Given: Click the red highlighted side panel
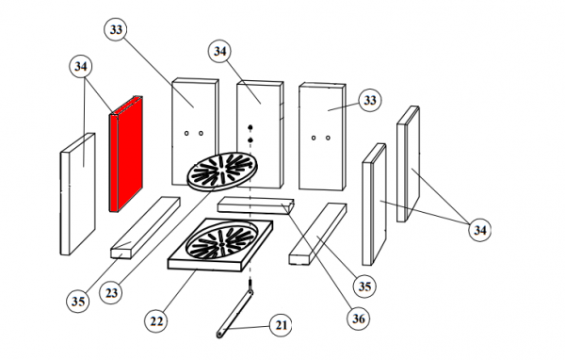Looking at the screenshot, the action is point(126,154).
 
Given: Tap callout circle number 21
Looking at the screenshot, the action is point(281,325).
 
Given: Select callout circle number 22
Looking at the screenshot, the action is point(156,321).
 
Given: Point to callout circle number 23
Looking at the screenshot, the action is point(111,292).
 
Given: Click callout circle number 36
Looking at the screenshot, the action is point(359,319).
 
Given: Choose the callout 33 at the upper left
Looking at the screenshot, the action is point(116,29).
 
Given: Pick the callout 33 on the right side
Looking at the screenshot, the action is point(370,100).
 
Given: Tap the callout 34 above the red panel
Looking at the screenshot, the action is point(81,66).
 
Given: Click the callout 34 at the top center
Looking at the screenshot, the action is point(219,51).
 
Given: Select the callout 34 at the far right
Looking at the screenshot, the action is point(480,230).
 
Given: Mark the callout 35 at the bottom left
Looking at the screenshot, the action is point(78,301).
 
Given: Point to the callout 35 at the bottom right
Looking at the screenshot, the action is point(364,286).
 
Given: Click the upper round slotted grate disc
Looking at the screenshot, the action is point(222,172).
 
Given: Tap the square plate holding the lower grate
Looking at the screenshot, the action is point(220,245).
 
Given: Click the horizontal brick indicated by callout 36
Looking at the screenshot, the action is point(256,205).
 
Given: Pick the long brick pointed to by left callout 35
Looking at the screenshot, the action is point(145,227).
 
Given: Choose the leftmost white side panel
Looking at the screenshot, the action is point(77,194).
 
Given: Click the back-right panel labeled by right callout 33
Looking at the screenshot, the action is point(322,137).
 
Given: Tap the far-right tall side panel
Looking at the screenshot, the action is point(408,164).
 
